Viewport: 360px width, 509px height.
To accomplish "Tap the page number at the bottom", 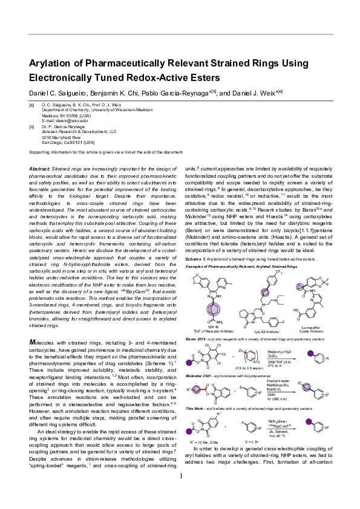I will (180, 493).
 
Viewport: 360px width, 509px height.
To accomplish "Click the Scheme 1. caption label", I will (195, 258).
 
